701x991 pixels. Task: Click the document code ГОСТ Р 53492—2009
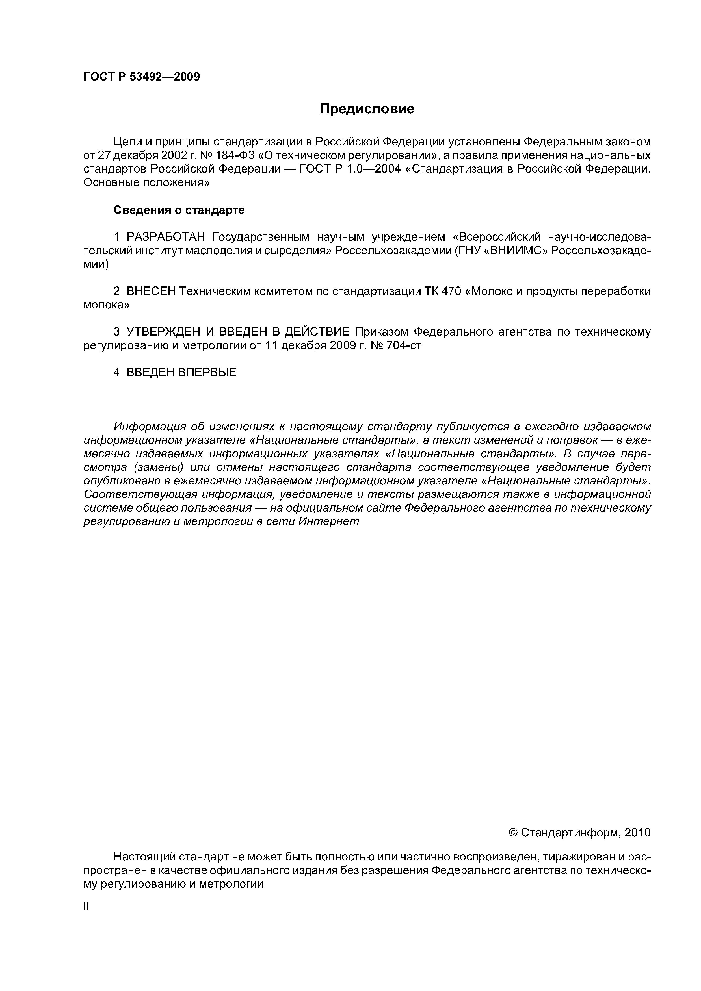coord(141,77)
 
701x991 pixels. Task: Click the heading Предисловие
coord(367,109)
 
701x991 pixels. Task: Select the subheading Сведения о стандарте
coord(179,210)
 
